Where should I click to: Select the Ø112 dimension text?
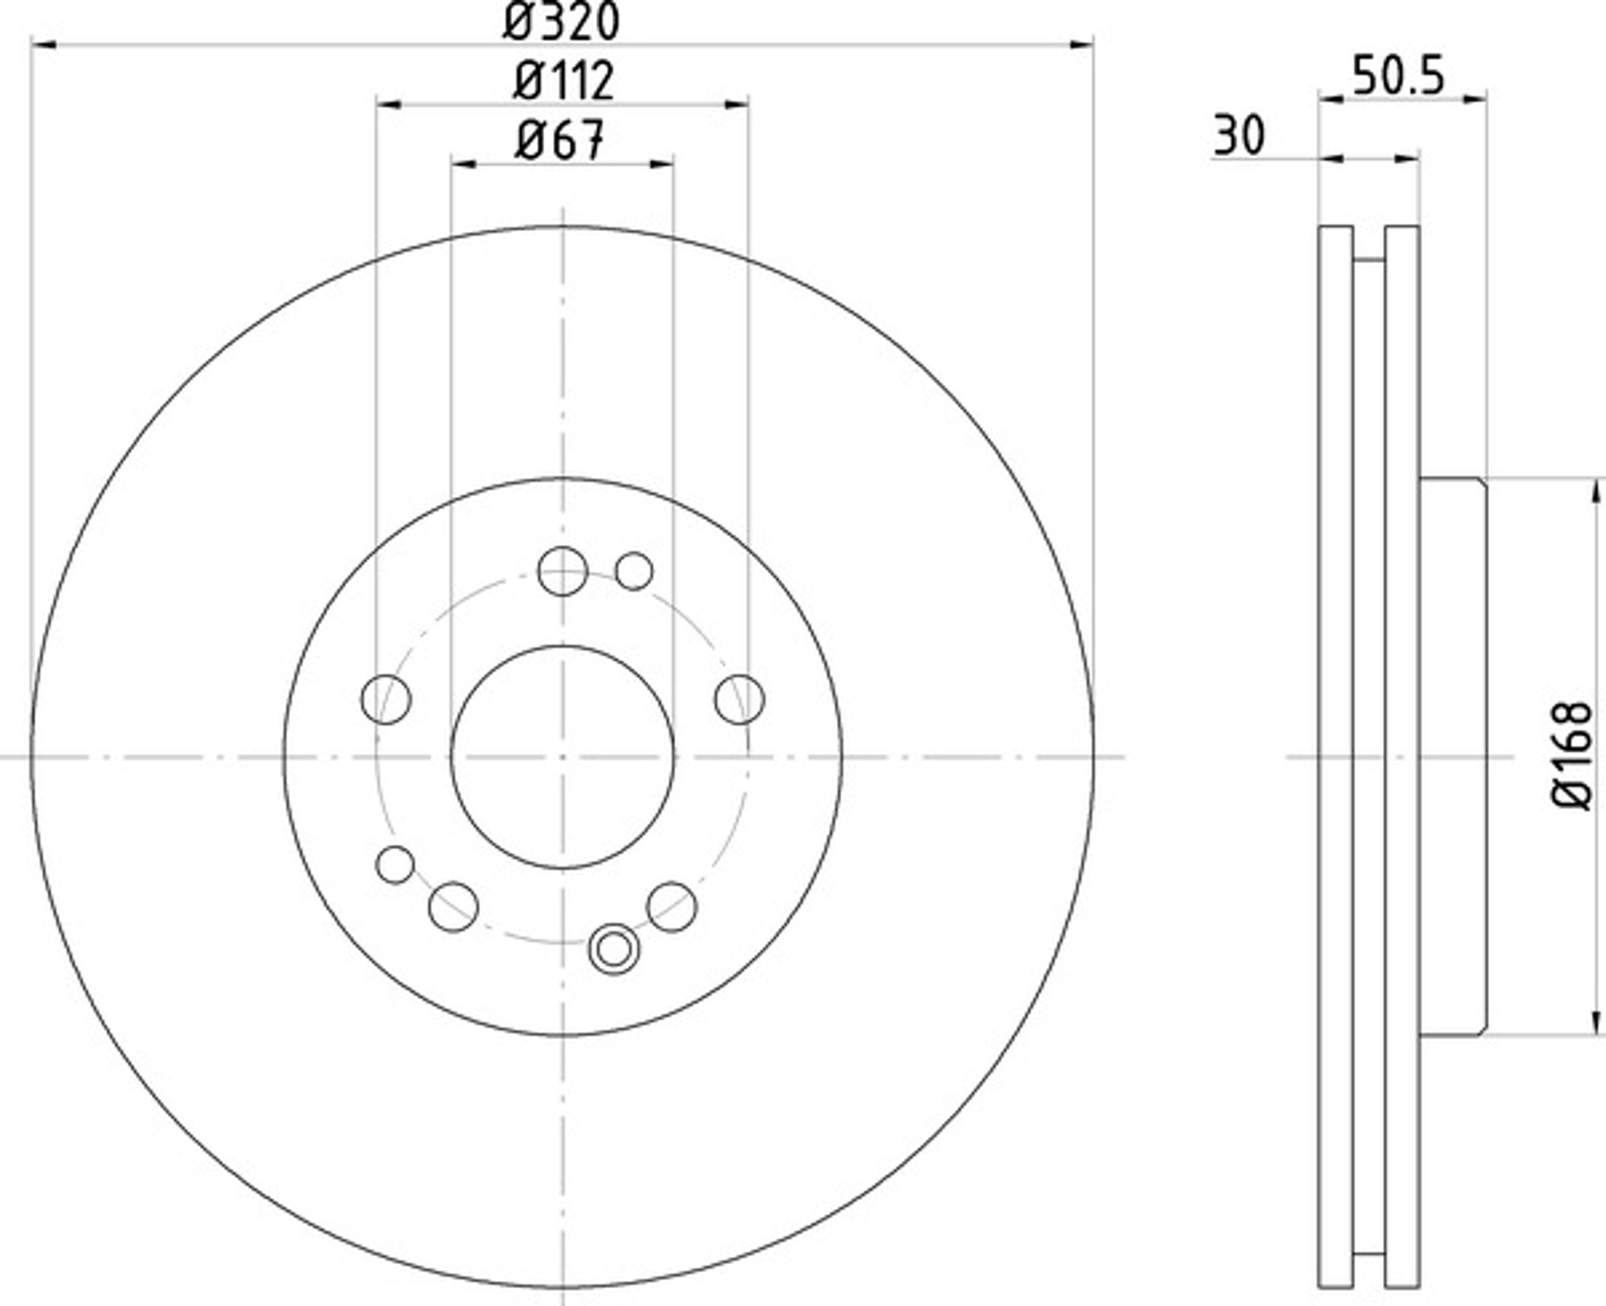pyautogui.click(x=563, y=80)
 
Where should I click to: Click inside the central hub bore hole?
pyautogui.click(x=563, y=757)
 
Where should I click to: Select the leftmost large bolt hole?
pyautogui.click(x=386, y=700)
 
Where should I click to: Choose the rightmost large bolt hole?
pyautogui.click(x=739, y=700)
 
